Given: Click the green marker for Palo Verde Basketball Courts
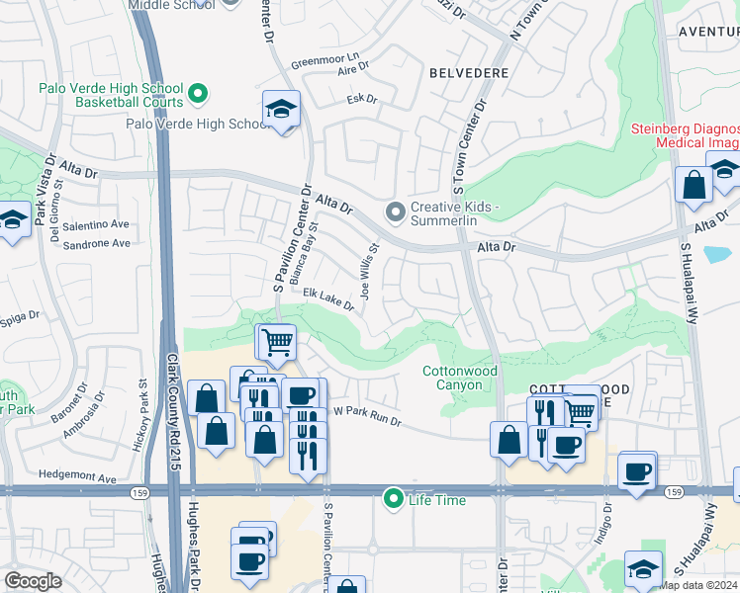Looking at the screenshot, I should click(x=198, y=95).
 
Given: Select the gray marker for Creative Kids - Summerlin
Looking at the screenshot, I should click(x=396, y=212).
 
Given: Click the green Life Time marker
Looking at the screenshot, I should click(x=394, y=500).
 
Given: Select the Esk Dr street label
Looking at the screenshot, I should click(x=362, y=99).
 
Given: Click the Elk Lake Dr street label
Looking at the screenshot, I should click(x=328, y=299).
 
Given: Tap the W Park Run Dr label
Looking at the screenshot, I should click(x=366, y=416).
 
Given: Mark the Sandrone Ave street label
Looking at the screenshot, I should click(x=96, y=243).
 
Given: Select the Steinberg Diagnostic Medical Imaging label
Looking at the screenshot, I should click(x=687, y=136).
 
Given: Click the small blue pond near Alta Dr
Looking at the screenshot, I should click(x=719, y=252).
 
